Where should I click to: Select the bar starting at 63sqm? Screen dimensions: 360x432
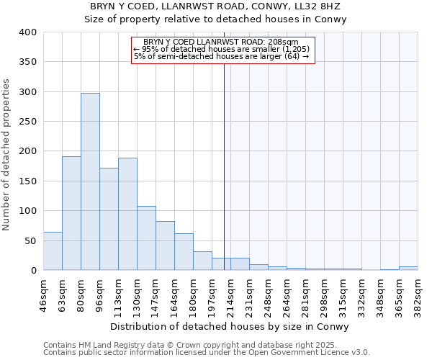tap(71, 213)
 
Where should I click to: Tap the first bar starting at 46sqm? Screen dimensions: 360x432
tap(53, 251)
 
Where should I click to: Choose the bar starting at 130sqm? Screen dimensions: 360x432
tap(146, 238)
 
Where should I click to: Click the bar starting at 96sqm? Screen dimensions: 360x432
tap(109, 219)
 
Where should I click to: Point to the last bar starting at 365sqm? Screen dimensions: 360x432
tap(408, 269)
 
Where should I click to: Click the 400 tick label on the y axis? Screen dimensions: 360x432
tap(27, 32)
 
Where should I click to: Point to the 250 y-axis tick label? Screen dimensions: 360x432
tap(27, 122)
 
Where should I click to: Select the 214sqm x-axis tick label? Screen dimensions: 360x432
tap(230, 293)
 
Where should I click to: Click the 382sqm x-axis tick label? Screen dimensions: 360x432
tap(418, 293)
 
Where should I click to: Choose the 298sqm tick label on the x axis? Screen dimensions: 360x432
tap(324, 293)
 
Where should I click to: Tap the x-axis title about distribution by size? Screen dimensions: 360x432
tap(230, 326)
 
